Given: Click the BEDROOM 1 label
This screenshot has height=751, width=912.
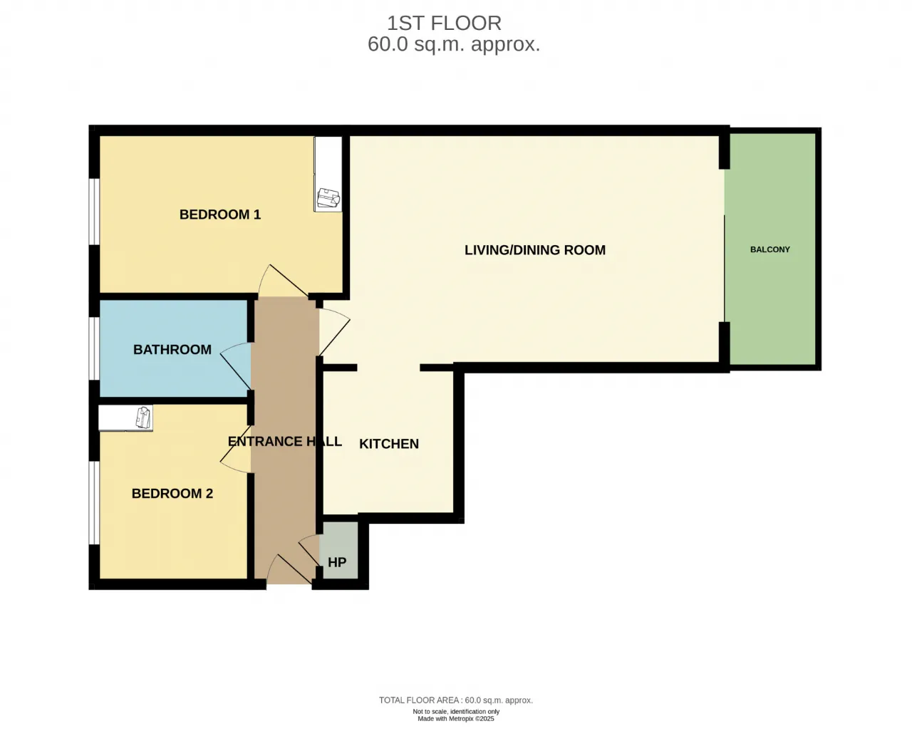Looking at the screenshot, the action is [219, 214].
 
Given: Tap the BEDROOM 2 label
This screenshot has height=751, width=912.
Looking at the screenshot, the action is [172, 494].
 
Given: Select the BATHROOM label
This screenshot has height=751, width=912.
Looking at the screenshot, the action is [172, 350].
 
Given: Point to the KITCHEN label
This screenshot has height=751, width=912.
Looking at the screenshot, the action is [389, 444].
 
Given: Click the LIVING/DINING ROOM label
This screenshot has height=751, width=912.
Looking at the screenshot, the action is [535, 250].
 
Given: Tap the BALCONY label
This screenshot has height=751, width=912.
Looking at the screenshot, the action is [770, 249].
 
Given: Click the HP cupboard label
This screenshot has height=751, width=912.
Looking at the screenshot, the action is [337, 562].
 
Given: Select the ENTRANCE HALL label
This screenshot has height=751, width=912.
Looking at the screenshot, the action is [285, 441].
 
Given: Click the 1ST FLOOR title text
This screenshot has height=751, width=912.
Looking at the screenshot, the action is [444, 23].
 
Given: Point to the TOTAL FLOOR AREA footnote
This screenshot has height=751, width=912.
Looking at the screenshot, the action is [455, 700].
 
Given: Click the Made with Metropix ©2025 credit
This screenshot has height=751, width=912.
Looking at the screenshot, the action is [455, 719].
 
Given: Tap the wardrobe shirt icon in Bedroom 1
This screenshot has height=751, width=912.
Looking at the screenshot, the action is [328, 198].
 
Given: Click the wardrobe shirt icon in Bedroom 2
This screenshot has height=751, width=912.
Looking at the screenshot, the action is [143, 418].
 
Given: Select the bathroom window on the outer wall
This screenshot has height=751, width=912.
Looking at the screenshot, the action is [93, 348].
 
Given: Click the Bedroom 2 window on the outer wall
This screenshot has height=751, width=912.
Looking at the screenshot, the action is [93, 502].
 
